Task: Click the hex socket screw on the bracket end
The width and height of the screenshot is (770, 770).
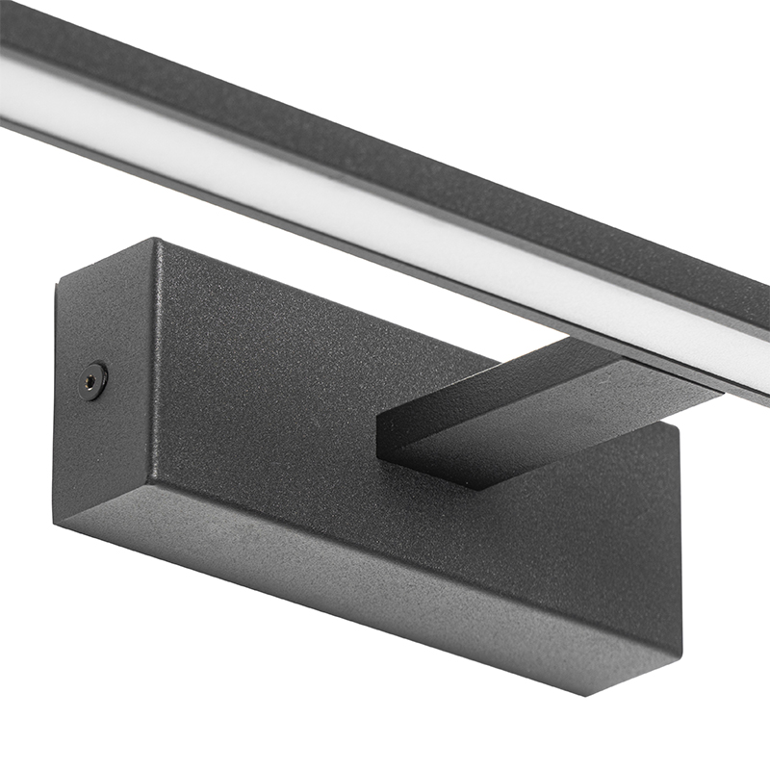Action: (93, 379)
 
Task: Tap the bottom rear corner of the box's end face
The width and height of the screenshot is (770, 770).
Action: (56, 523)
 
